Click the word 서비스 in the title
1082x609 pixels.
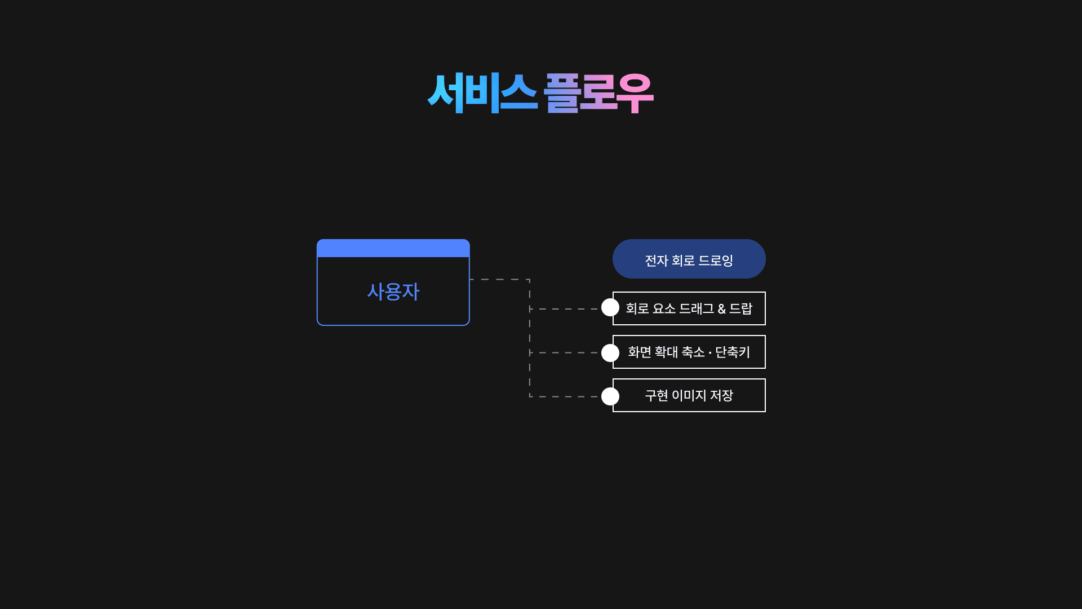click(482, 93)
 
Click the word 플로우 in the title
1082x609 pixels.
click(598, 93)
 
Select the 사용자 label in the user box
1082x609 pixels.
click(393, 292)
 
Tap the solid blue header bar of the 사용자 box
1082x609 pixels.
click(393, 248)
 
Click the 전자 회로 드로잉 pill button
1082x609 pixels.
click(689, 259)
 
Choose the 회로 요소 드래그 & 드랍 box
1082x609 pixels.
click(689, 308)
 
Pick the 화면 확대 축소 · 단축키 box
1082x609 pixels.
click(689, 352)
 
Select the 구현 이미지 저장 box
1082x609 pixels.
click(689, 395)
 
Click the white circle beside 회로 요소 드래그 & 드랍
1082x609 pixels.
click(610, 307)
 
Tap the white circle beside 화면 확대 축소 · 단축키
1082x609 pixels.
click(610, 353)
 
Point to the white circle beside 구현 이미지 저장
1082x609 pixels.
click(610, 396)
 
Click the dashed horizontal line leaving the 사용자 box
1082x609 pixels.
click(499, 279)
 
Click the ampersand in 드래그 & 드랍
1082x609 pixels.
click(721, 309)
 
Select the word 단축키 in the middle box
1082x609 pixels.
click(733, 352)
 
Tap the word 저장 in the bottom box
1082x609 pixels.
click(721, 395)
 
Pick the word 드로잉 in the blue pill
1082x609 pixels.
click(716, 261)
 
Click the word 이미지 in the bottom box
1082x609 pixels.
click(689, 395)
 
